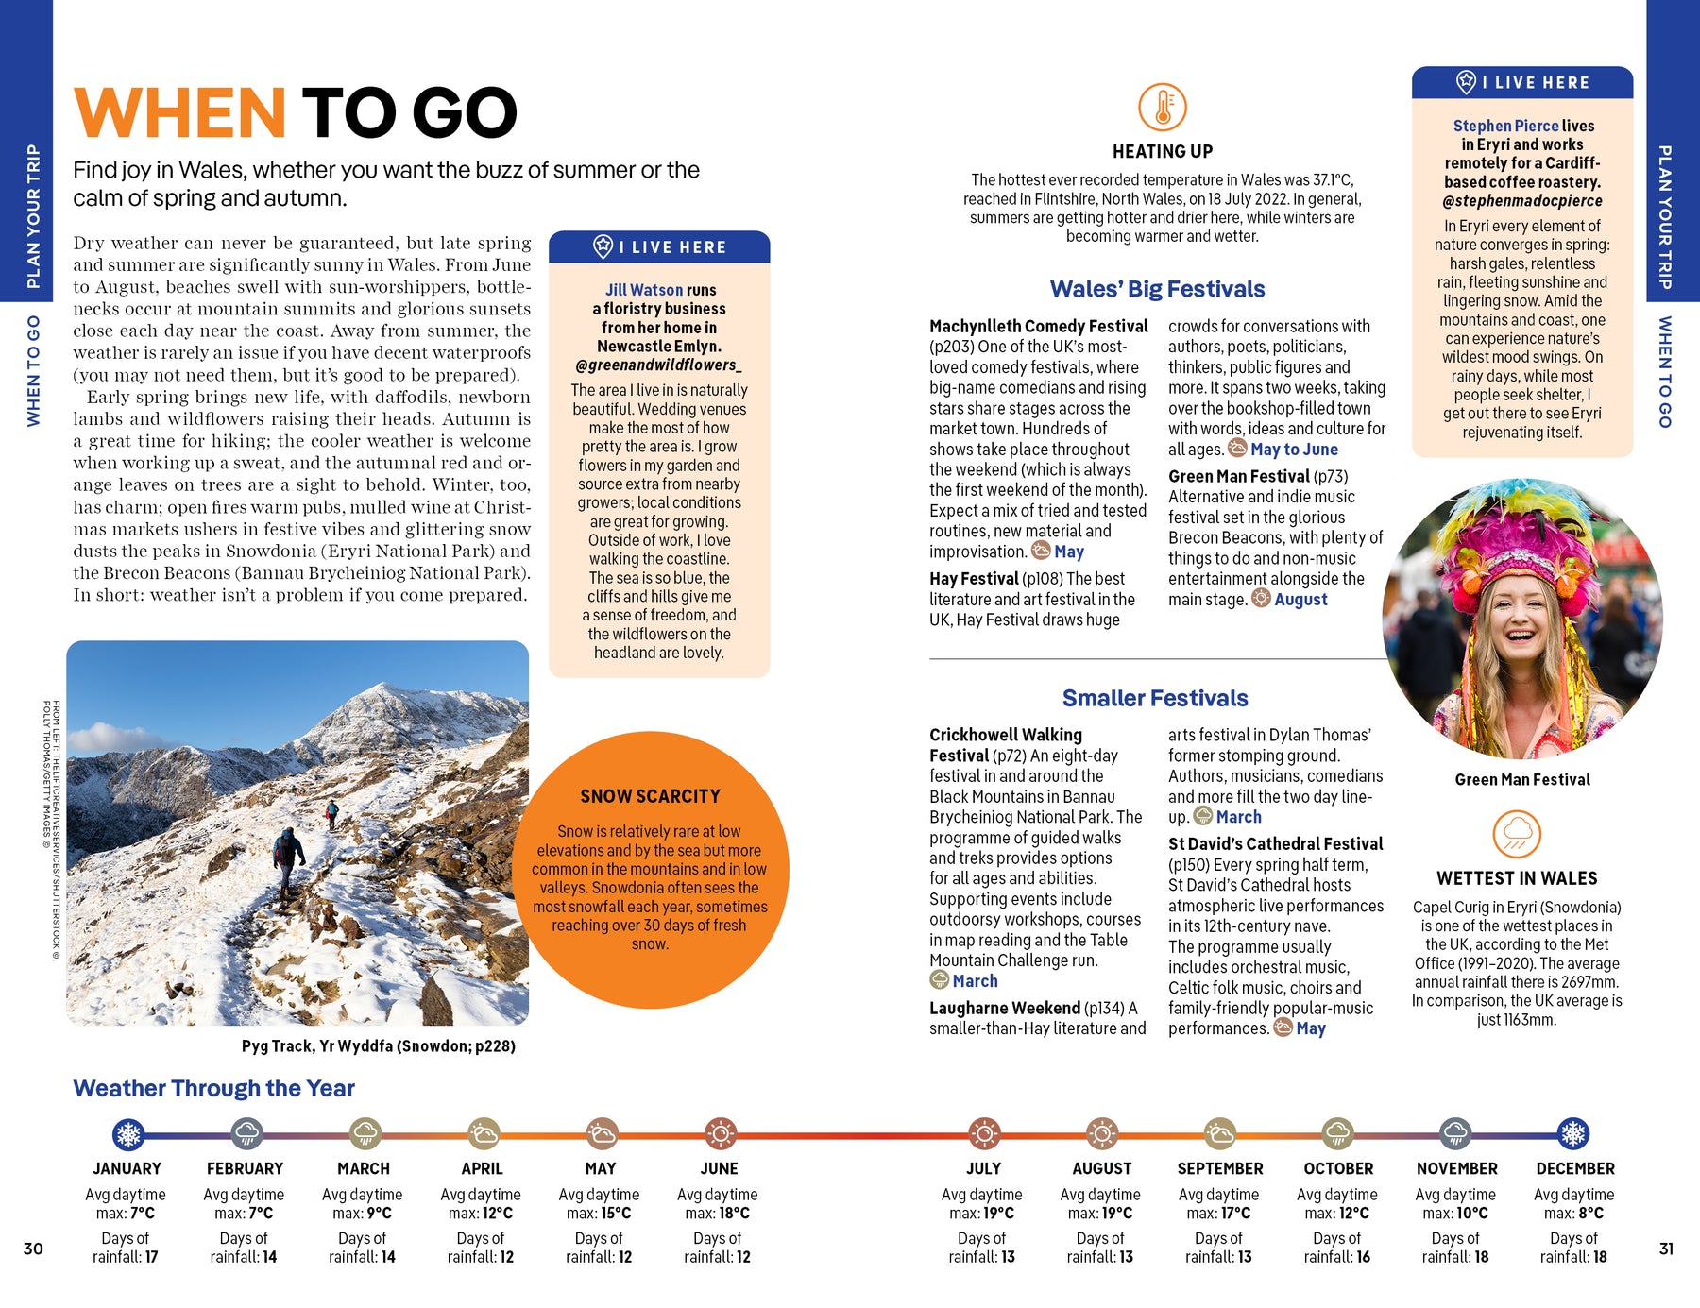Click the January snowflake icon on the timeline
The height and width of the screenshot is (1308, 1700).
click(127, 1133)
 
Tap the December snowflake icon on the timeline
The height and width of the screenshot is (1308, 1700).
click(1573, 1133)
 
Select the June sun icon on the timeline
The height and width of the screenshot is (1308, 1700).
click(720, 1133)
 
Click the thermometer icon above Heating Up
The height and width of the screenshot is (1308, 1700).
click(1162, 107)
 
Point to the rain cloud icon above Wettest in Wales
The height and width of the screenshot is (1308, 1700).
click(1517, 834)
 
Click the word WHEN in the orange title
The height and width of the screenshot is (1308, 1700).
click(179, 113)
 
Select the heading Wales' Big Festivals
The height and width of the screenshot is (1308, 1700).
click(1157, 289)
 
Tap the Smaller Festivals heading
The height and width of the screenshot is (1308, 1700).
click(1155, 698)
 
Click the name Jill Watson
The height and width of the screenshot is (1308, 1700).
click(644, 290)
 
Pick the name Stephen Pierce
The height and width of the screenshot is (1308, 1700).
click(1505, 126)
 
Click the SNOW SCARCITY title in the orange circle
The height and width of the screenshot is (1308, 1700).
click(650, 796)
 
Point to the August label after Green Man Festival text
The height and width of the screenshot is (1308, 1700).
click(1300, 600)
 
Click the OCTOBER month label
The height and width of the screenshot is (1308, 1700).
click(1338, 1168)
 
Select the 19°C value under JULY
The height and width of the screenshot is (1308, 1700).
click(996, 1213)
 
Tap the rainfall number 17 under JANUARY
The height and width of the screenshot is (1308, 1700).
click(151, 1257)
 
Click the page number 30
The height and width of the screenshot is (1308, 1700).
click(33, 1249)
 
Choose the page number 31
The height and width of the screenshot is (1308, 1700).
click(1666, 1249)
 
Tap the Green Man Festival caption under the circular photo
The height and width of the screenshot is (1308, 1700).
click(1522, 779)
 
